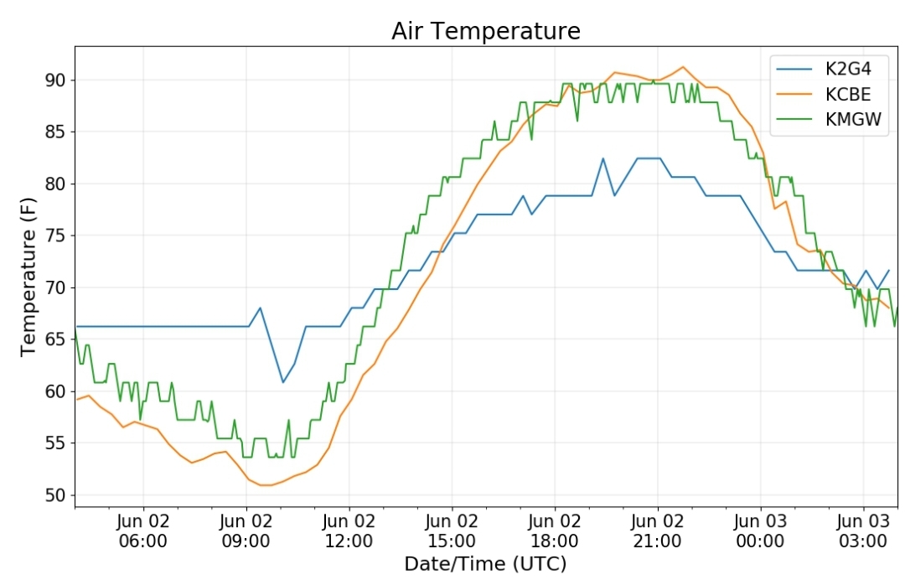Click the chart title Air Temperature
click(x=485, y=31)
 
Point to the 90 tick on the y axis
click(x=55, y=80)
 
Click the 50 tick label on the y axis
click(x=55, y=495)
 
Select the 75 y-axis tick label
click(x=55, y=236)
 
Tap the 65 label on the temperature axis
click(x=55, y=339)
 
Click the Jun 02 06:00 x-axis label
click(x=143, y=531)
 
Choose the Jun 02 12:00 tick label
click(x=349, y=531)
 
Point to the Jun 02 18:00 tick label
click(x=555, y=531)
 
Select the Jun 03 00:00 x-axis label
click(x=760, y=531)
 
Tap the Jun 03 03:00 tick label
click(x=863, y=531)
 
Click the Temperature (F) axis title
click(x=28, y=277)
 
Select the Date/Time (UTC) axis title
click(x=485, y=564)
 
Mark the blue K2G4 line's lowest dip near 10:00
click(x=283, y=382)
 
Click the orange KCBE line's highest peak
click(x=683, y=67)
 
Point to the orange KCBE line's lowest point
click(x=266, y=485)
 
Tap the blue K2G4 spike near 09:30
click(x=261, y=308)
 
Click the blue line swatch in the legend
click(x=794, y=70)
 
